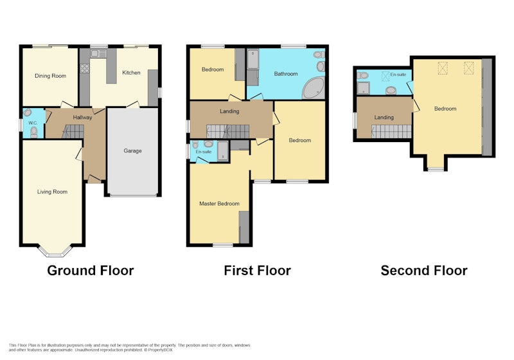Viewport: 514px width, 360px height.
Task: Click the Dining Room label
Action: point(51,76)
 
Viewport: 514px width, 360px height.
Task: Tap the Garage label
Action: point(133,151)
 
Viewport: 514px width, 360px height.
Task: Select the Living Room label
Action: point(52,192)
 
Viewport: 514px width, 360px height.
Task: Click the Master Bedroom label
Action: point(219,204)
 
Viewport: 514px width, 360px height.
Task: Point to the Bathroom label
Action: point(286,74)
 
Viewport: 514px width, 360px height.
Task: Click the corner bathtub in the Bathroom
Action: point(314,88)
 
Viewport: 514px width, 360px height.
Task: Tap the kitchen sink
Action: point(99,53)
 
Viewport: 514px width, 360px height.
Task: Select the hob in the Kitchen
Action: point(85,68)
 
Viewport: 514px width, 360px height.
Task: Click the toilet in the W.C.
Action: point(34,132)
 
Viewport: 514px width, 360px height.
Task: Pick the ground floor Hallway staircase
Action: point(73,131)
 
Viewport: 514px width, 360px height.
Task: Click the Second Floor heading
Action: point(424,271)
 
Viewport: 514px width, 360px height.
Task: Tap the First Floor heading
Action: point(258,271)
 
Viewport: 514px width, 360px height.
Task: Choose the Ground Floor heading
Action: point(91,271)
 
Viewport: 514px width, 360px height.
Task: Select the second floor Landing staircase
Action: point(391,132)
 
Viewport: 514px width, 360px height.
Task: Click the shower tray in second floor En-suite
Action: point(363,88)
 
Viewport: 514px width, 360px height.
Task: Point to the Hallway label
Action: point(82,118)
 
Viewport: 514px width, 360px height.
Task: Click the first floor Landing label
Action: point(229,111)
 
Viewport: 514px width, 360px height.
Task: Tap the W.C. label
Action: point(33,123)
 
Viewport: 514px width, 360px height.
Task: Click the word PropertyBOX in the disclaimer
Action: point(159,350)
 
